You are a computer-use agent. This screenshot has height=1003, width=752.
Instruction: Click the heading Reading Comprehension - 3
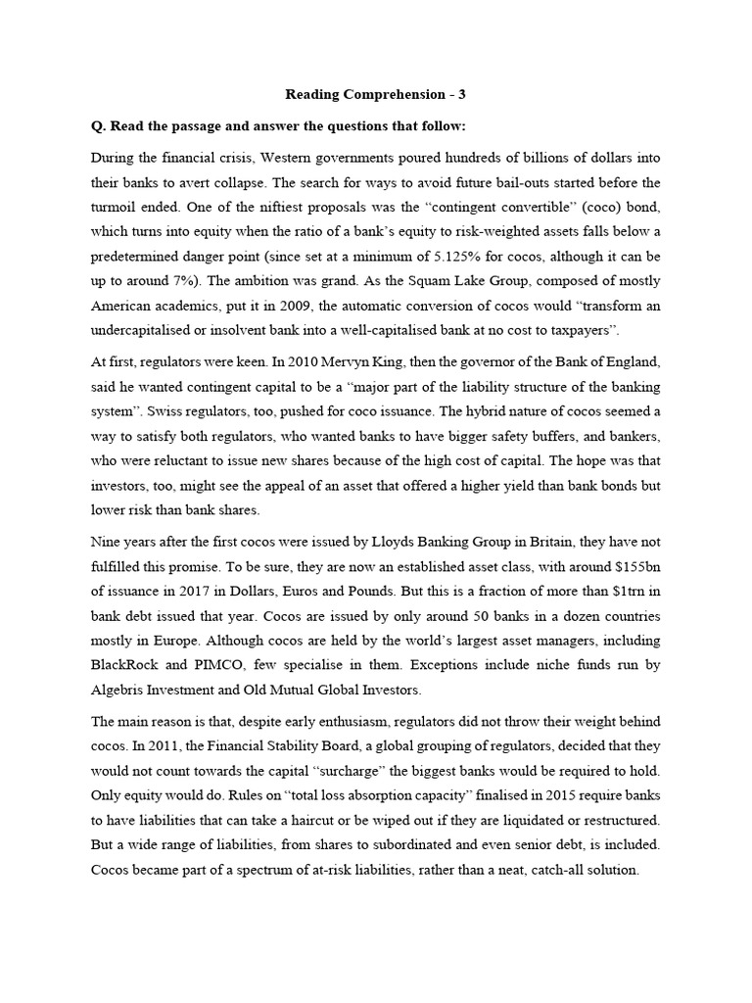375,95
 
